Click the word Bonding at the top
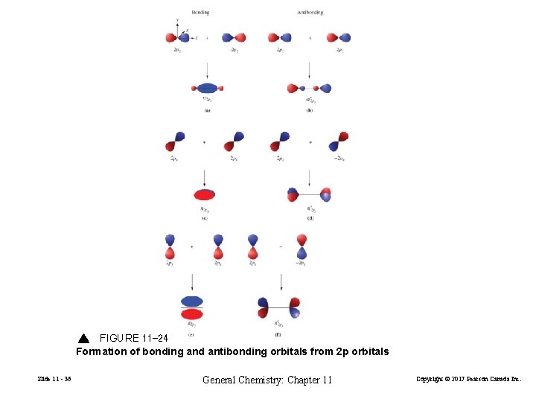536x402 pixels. [x=200, y=13]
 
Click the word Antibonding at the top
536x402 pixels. [x=310, y=13]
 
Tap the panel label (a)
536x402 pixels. [x=207, y=110]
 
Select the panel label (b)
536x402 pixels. [x=309, y=110]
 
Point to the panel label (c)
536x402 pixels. [x=204, y=218]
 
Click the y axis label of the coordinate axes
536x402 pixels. [x=176, y=20]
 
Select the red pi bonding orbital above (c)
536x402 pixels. [x=205, y=195]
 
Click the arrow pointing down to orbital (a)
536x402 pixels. [x=206, y=71]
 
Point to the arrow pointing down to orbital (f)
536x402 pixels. [x=281, y=281]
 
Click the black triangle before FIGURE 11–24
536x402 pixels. [x=83, y=339]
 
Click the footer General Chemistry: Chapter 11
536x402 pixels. [x=267, y=380]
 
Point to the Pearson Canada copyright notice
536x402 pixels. [x=473, y=380]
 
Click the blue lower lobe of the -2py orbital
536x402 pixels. [x=301, y=254]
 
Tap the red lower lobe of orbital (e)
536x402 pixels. [x=192, y=314]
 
